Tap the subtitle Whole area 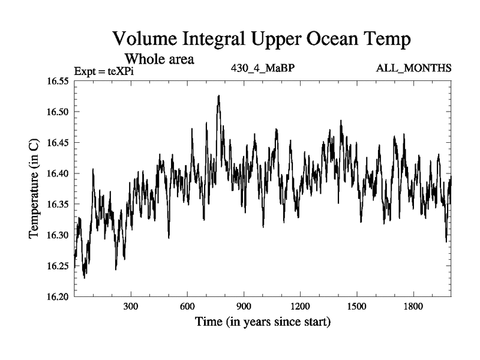pos(159,59)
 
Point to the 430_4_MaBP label pos(263,68)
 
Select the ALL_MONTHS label pos(413,68)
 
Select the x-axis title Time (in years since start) pos(263,322)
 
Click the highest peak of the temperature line pos(219,95)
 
